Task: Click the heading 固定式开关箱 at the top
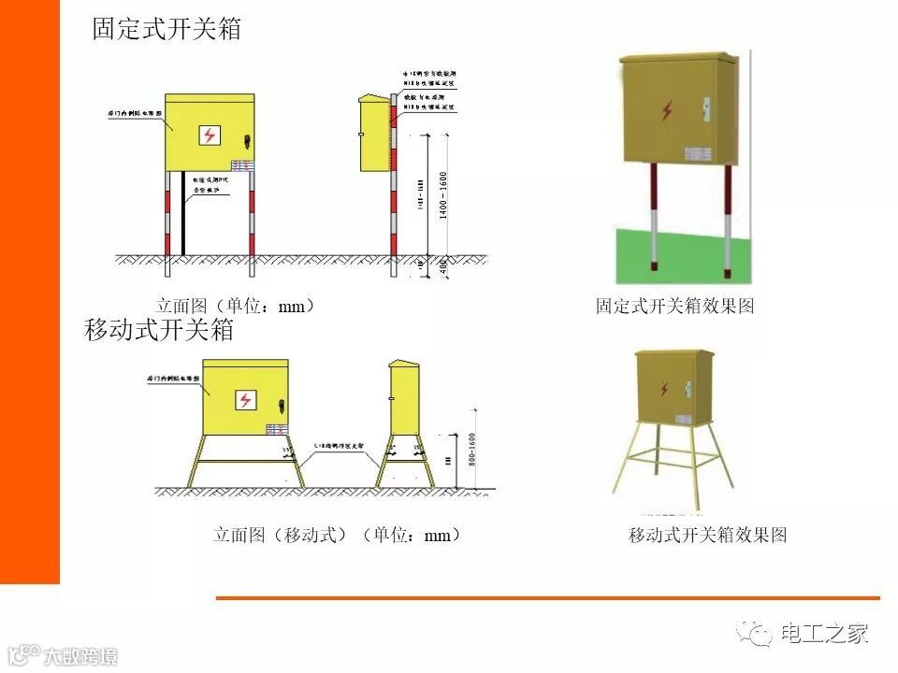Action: [x=167, y=29]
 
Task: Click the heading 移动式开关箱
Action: [x=158, y=330]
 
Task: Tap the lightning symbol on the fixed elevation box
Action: [x=210, y=135]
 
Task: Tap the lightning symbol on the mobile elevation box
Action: [x=245, y=400]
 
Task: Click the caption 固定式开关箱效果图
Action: [x=674, y=306]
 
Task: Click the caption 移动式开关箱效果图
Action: [x=707, y=535]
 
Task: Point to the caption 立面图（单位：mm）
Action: [x=235, y=306]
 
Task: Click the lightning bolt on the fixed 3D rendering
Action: [x=667, y=111]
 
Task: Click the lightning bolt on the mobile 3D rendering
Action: [x=665, y=388]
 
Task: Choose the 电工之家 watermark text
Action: [x=824, y=634]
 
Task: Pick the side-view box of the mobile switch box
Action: [x=404, y=397]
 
